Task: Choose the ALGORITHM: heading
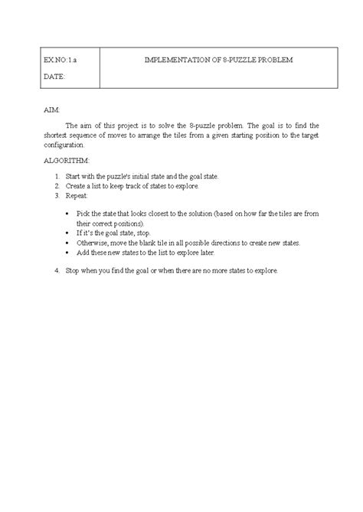(67, 161)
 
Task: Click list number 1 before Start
(57, 176)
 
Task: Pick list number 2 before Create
(57, 186)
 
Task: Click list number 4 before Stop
(57, 271)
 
